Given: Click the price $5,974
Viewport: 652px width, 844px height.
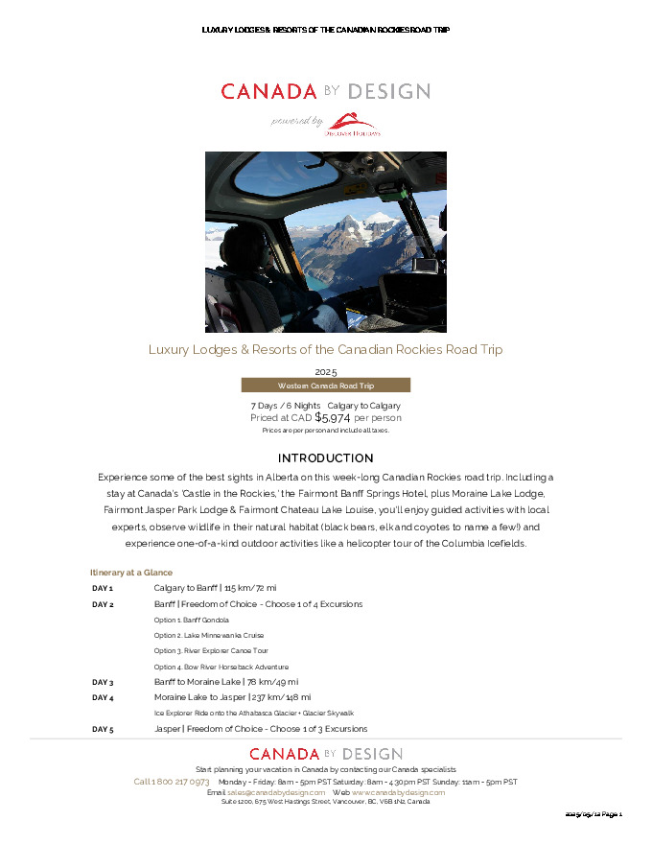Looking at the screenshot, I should point(332,417).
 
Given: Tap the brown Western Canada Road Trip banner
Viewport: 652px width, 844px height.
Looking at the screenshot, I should point(325,386).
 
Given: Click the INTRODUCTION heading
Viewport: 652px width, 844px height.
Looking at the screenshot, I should point(325,458).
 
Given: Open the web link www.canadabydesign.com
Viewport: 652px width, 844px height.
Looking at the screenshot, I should point(398,792).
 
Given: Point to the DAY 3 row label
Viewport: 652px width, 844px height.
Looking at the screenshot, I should point(103,682).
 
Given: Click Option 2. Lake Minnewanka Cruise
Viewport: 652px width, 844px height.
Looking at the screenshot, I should point(208,635).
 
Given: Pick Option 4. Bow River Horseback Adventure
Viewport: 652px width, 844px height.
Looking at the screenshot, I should point(221,667).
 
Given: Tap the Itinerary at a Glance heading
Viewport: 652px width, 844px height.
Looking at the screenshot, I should point(131,572).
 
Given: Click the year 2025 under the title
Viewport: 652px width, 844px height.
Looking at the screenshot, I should point(325,371).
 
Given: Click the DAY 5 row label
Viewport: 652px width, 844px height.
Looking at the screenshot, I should point(103,729).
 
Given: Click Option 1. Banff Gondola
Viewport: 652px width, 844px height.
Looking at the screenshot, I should point(191,620).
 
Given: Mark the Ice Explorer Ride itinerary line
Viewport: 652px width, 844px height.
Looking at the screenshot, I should point(253,713).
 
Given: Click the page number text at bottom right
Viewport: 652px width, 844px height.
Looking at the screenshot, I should point(594,814).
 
